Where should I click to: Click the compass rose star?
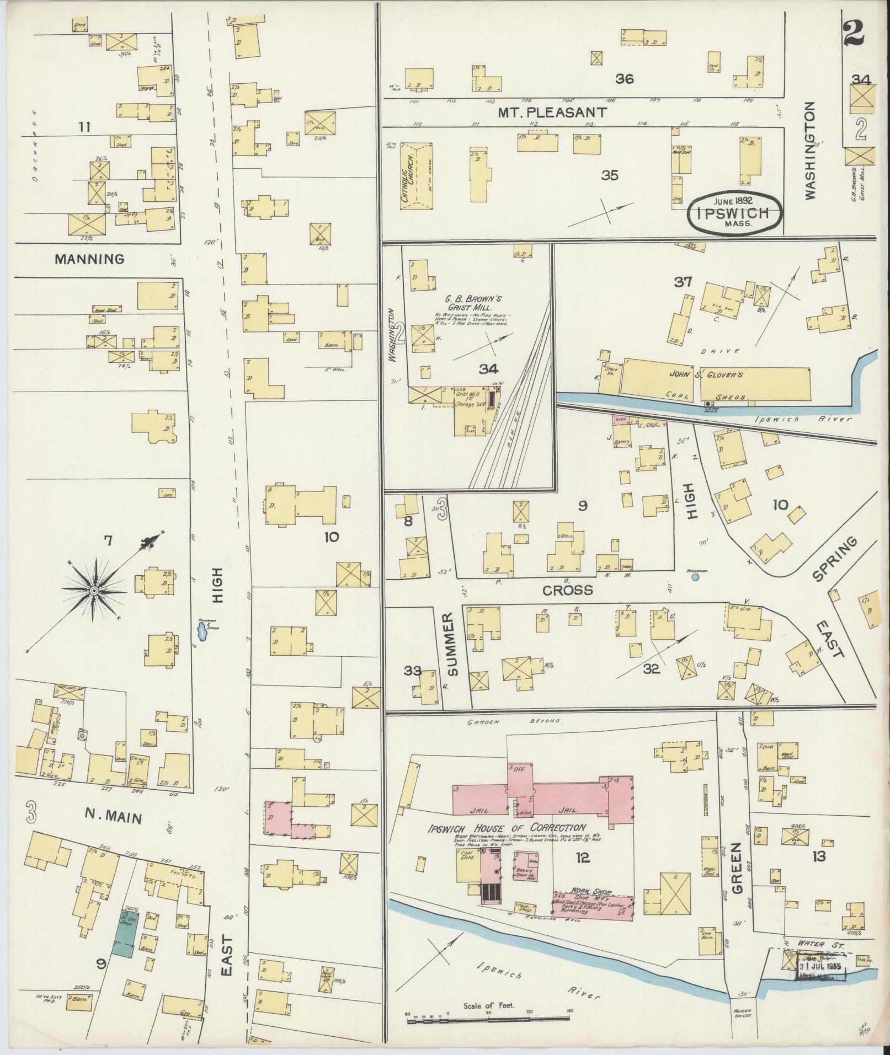(94, 591)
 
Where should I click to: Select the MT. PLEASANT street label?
(552, 113)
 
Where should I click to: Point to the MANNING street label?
(89, 259)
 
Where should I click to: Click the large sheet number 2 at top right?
(853, 34)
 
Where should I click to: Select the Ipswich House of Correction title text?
(507, 828)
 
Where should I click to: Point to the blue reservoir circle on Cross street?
(695, 577)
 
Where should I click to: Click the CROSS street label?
(567, 590)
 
